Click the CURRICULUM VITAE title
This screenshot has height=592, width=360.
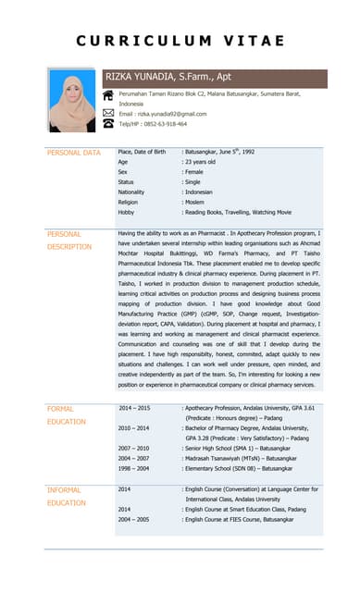(180, 41)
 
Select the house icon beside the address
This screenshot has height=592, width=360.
(108, 94)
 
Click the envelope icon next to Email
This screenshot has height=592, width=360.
(108, 113)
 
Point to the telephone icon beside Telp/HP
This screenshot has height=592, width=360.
(108, 123)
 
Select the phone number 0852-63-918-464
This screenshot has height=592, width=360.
(166, 124)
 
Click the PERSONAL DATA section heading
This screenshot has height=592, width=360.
(73, 153)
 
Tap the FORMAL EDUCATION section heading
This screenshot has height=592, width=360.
(67, 414)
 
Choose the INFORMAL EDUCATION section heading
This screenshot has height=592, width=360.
(67, 496)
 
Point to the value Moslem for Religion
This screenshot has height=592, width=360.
(195, 202)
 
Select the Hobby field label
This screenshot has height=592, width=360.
(127, 212)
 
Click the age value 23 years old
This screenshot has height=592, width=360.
(201, 162)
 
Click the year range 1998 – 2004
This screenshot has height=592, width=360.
(133, 468)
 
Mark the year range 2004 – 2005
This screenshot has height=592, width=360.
(133, 520)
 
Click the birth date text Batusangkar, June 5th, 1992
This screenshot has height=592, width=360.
(220, 152)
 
